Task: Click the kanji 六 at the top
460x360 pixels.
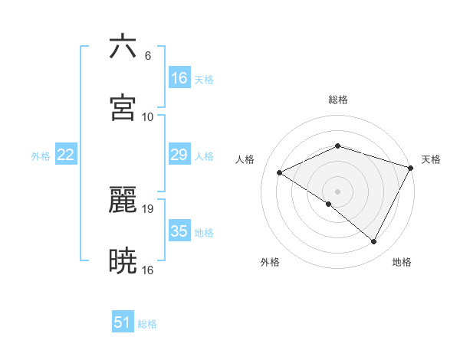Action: click(x=123, y=47)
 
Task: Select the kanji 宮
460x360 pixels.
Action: click(x=123, y=108)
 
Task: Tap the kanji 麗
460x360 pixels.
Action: click(x=123, y=200)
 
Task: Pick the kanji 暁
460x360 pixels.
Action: click(x=123, y=261)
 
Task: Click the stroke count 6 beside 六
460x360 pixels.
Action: click(x=147, y=56)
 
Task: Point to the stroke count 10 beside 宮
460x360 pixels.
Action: click(x=147, y=117)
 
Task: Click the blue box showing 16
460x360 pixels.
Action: click(x=179, y=78)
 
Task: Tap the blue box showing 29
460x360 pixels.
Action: click(x=179, y=155)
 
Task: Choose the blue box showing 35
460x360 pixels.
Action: click(x=179, y=231)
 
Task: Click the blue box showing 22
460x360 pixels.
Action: click(x=66, y=155)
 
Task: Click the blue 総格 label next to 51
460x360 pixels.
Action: click(x=147, y=324)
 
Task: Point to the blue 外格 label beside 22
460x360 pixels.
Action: click(x=41, y=156)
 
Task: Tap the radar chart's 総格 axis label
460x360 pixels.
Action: click(x=337, y=100)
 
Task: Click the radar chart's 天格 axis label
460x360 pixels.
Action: click(x=431, y=159)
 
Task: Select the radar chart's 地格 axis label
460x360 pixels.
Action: click(x=402, y=262)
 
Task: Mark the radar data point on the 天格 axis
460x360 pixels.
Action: click(x=411, y=167)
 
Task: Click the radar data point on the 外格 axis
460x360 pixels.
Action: click(x=329, y=204)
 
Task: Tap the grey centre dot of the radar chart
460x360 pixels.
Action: click(x=337, y=191)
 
